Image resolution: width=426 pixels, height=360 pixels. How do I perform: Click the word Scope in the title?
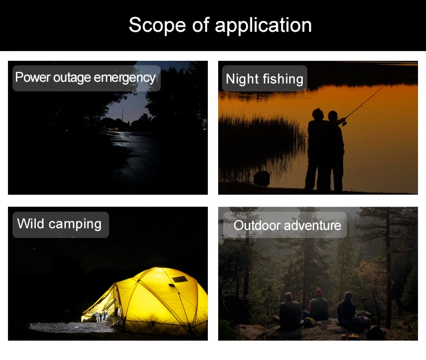(x=157, y=25)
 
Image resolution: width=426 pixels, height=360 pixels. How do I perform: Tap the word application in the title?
(x=263, y=26)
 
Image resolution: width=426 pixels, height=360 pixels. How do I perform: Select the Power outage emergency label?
(x=86, y=78)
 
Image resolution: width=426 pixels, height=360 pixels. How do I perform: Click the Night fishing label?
(x=264, y=78)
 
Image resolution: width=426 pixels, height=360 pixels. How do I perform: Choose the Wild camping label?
(x=61, y=225)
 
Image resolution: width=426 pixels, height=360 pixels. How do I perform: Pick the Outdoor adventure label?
(x=285, y=225)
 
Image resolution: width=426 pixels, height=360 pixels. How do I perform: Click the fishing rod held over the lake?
(x=365, y=103)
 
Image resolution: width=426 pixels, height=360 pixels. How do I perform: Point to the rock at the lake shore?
(x=261, y=178)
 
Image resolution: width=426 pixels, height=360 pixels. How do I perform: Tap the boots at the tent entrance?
(x=100, y=316)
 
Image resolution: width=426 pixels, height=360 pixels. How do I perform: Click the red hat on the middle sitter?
(x=319, y=292)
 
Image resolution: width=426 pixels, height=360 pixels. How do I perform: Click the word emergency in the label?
(x=125, y=78)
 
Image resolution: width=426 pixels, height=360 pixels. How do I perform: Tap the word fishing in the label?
(x=283, y=79)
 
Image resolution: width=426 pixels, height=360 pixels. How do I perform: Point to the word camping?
(x=75, y=225)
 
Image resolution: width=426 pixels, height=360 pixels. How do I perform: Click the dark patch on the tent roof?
(x=179, y=279)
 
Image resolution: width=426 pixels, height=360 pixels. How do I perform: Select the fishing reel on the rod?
(x=344, y=124)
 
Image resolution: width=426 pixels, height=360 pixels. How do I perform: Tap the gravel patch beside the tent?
(x=71, y=328)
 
